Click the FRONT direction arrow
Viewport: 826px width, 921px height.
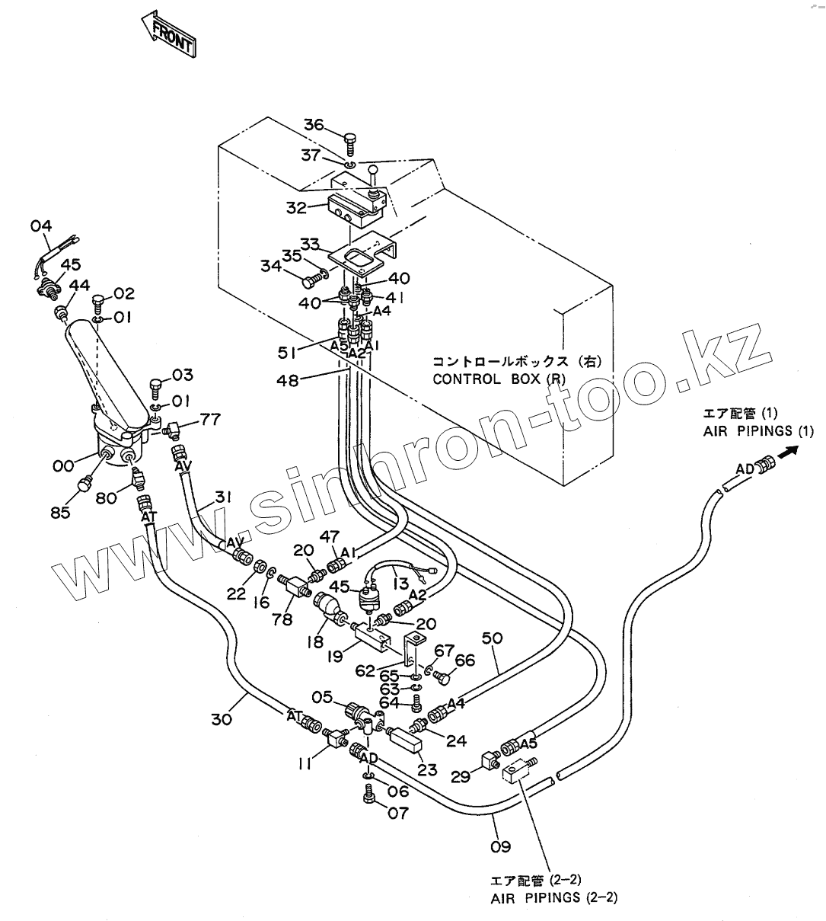[x=168, y=34]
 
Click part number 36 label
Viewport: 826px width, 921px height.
[x=314, y=125]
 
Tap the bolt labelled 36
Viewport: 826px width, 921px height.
[x=350, y=143]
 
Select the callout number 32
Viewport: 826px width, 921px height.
[x=296, y=208]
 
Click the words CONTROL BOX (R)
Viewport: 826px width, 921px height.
[x=499, y=379]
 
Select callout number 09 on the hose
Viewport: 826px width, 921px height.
[x=501, y=846]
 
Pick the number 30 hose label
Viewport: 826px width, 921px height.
[x=222, y=719]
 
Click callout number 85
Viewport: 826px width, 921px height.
[x=60, y=513]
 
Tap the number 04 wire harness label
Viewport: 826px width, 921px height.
[x=41, y=225]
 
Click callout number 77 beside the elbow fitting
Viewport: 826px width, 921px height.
[x=210, y=419]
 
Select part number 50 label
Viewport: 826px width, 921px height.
[x=492, y=638]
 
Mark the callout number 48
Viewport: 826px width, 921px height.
[x=287, y=380]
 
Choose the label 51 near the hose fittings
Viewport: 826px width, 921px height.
[x=287, y=353]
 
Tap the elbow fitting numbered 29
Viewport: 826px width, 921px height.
[x=490, y=760]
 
